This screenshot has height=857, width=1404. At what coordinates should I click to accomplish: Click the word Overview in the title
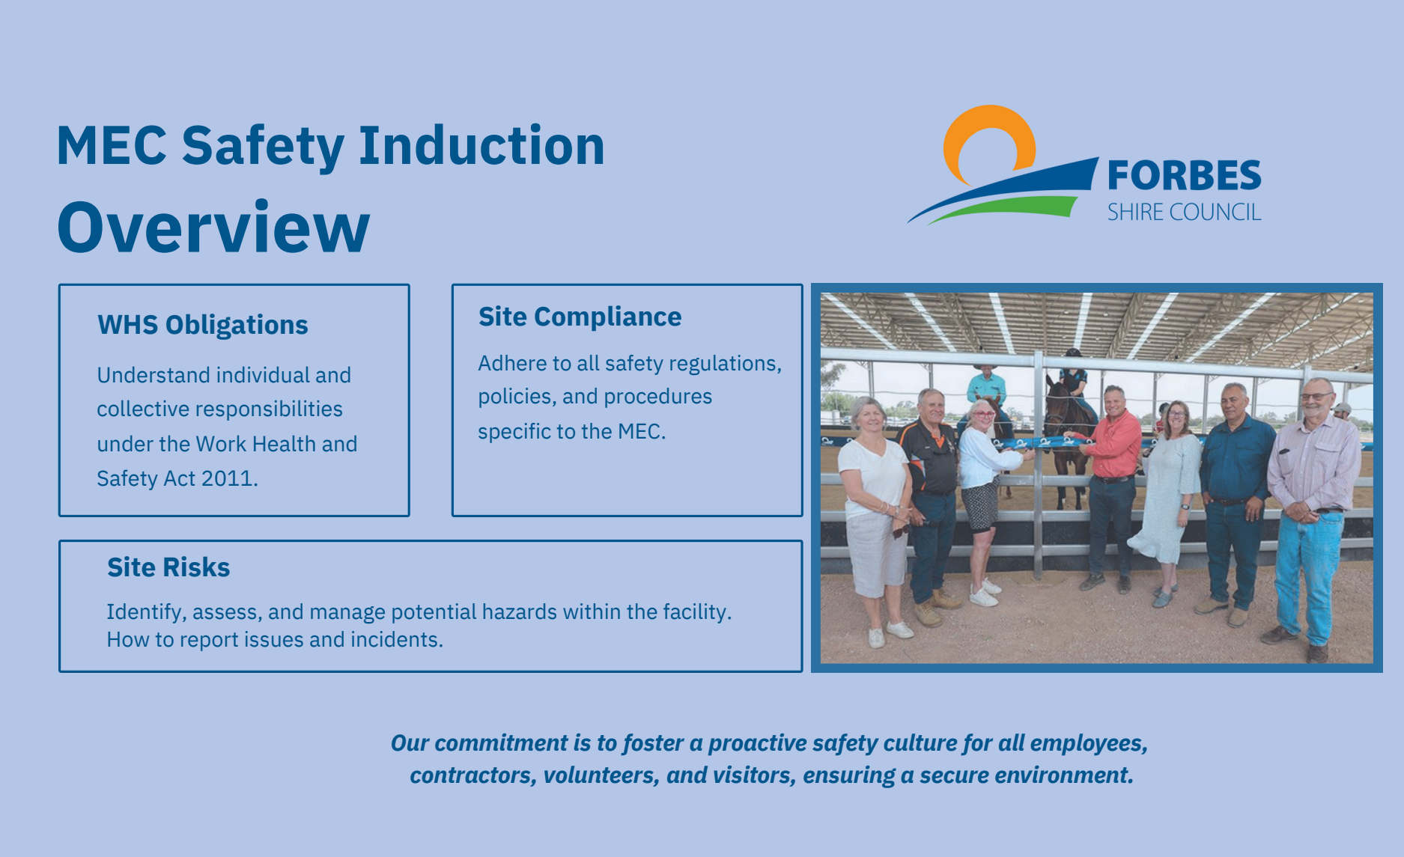[213, 228]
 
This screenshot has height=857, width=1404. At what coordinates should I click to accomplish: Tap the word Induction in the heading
[481, 145]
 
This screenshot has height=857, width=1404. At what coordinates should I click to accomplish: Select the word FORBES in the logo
[1184, 177]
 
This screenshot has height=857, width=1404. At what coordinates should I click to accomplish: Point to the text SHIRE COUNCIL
[1184, 213]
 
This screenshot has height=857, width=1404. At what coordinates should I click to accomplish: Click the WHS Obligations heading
[203, 325]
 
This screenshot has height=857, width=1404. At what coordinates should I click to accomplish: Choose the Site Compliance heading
[580, 317]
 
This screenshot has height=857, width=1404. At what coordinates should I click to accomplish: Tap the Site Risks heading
[168, 567]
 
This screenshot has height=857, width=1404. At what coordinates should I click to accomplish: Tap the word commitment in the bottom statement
[501, 743]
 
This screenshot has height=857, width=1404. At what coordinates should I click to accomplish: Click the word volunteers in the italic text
[601, 775]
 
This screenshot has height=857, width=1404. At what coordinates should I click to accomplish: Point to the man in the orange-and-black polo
[931, 479]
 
